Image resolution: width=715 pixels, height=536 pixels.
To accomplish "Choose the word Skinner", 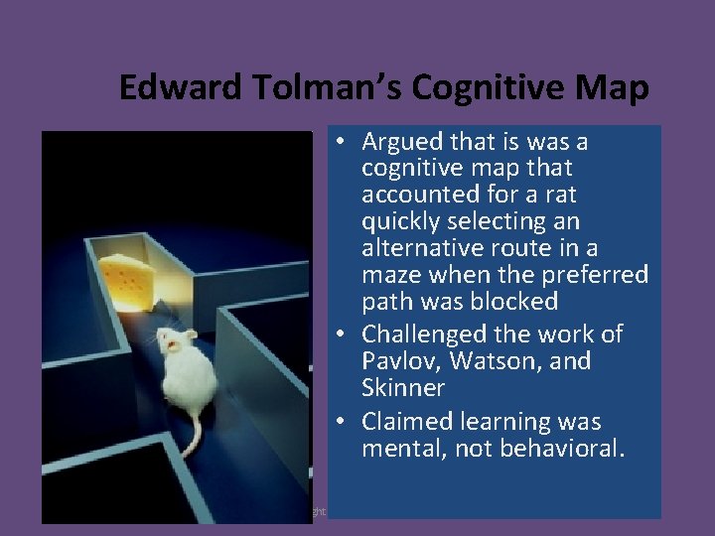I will click(403, 387).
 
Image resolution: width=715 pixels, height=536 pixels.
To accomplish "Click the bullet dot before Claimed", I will click(340, 423).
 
